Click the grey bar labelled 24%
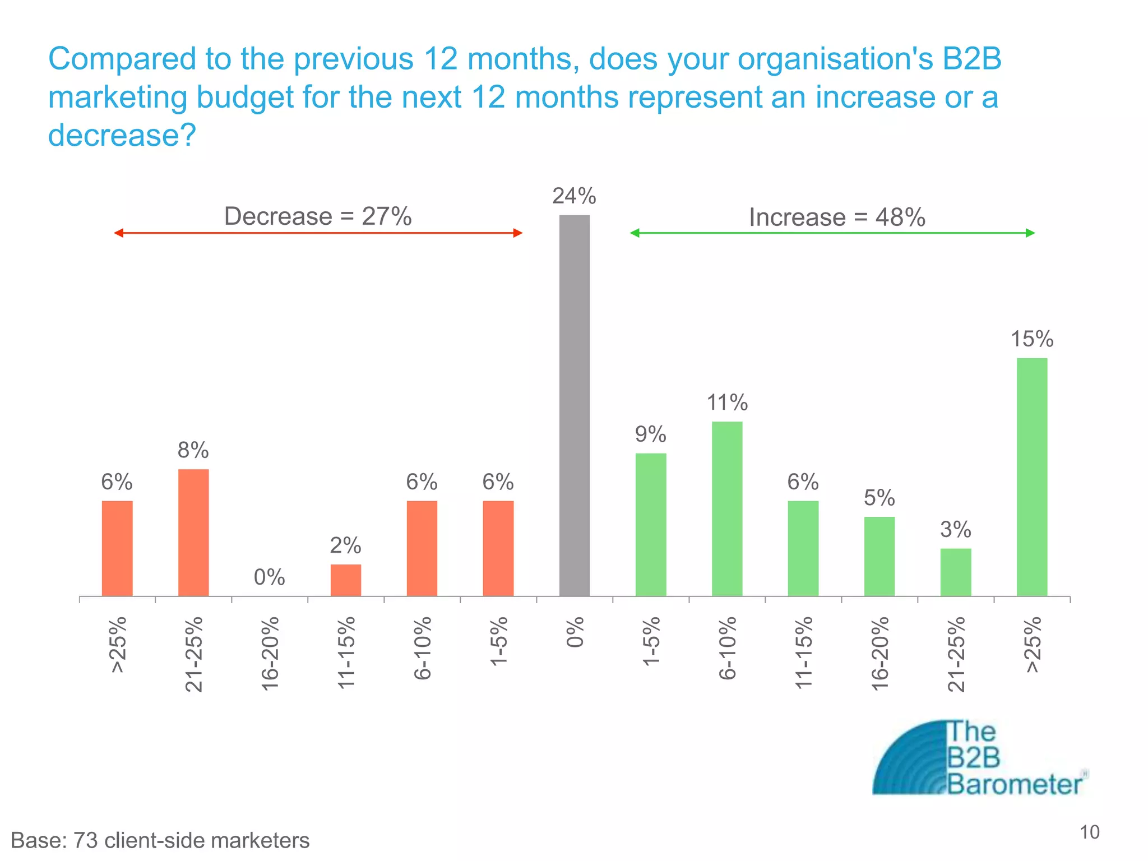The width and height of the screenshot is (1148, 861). coord(575,405)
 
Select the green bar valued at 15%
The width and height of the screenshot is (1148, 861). coord(1032,476)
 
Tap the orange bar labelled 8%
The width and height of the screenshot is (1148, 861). coord(193,532)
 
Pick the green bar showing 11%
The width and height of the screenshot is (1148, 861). coord(727,508)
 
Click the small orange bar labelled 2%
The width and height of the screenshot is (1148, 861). coord(346,580)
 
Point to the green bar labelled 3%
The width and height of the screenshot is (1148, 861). coord(956,572)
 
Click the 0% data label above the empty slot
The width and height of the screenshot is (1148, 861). coord(269,577)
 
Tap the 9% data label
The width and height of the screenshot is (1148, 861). coord(650,434)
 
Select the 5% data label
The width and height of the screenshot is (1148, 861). coord(879,498)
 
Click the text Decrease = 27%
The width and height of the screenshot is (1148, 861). coord(318,216)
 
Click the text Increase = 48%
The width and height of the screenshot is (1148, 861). coord(837,217)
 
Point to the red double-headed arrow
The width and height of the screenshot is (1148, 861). coord(318,233)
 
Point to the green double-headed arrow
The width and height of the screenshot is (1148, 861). coord(832,233)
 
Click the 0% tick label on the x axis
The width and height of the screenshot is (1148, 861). coord(575,632)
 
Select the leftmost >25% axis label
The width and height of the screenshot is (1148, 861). coord(118,645)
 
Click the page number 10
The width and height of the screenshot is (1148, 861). coord(1090,832)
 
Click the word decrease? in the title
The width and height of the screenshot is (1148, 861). coord(122,135)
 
